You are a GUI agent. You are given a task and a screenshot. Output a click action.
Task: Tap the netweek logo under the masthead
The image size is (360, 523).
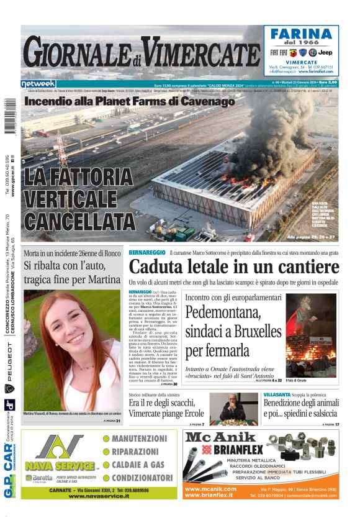38,83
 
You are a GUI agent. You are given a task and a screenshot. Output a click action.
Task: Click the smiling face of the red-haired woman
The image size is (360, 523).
70,332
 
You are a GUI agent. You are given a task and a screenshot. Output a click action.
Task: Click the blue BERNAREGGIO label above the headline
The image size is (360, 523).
147,252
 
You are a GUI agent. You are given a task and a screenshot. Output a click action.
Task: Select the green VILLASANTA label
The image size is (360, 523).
277,394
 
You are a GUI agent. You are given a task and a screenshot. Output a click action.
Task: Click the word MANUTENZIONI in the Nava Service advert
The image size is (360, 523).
139,439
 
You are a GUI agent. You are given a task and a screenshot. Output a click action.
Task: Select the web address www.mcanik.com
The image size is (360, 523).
210,489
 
